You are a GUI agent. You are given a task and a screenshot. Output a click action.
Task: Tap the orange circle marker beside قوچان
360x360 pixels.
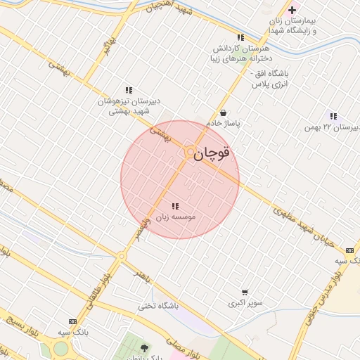tap(190, 152)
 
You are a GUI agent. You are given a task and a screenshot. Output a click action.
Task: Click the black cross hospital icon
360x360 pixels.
tap(292, 10)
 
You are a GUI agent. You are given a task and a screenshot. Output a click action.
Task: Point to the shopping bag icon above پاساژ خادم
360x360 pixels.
tap(223, 112)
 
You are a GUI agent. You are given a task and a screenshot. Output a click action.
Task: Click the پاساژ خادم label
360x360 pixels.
tap(223, 124)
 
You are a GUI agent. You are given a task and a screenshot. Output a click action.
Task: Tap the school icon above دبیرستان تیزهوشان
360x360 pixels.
tap(129, 90)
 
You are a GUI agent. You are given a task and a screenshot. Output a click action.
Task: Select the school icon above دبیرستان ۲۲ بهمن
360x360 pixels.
tap(333, 116)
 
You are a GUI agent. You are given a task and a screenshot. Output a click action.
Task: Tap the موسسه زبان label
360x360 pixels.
tap(174, 217)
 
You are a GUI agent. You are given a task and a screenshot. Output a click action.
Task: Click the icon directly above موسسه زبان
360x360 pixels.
tap(174, 206)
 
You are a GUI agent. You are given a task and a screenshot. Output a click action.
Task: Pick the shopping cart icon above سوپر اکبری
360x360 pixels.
tap(244, 292)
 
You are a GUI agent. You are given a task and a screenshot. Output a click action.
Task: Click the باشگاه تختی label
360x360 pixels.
tap(158, 306)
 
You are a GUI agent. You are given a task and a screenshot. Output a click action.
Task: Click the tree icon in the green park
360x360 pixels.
tap(145, 347)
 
